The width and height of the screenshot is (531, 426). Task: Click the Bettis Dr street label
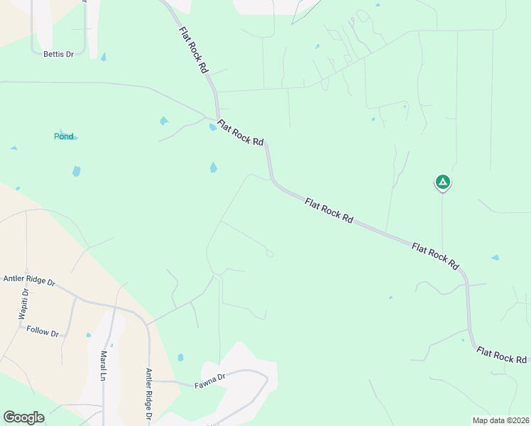point(58,54)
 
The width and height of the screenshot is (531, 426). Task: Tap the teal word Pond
point(64,136)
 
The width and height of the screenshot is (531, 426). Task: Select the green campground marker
point(442,182)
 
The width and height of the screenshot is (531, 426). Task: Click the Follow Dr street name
point(42,331)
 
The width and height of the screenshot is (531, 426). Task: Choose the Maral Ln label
point(104,365)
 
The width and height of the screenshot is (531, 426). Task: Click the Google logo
point(23,417)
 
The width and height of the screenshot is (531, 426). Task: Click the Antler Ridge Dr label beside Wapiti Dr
point(29,280)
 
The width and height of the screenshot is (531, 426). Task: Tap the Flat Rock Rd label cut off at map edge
point(503,355)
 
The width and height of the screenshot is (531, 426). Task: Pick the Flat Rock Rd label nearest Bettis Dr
point(193,50)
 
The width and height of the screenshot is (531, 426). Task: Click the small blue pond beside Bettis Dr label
point(104,57)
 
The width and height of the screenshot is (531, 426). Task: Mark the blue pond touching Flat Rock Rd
point(212,128)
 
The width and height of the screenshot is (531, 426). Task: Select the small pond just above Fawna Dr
point(180,358)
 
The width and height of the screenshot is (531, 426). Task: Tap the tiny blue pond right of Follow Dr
point(88,335)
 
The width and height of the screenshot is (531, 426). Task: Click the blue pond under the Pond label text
point(76,171)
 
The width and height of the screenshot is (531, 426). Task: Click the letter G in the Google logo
point(9,417)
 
